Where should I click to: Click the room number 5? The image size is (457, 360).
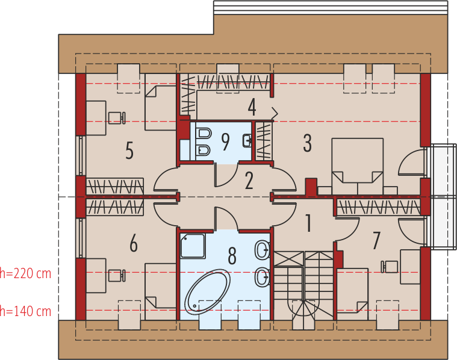click(x=129, y=151)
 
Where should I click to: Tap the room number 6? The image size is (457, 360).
click(x=134, y=243)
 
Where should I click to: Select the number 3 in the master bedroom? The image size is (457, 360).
click(x=308, y=143)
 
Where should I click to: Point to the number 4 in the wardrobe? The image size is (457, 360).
click(x=252, y=107)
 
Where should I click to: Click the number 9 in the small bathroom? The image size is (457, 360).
click(x=226, y=141)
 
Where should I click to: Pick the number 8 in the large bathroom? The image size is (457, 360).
click(x=232, y=256)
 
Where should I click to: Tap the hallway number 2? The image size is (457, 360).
click(x=249, y=181)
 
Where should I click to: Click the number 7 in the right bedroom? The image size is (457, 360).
click(x=376, y=240)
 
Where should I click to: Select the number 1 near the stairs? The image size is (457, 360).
click(x=308, y=223)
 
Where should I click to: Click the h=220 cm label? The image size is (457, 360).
click(x=26, y=273)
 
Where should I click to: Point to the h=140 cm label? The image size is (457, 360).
click(x=26, y=311)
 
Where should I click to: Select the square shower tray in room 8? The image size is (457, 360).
click(x=193, y=246)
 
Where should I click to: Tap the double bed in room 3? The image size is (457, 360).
click(x=358, y=166)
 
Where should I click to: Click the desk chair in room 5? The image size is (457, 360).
click(x=117, y=118)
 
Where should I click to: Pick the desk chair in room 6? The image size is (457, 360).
click(x=117, y=276)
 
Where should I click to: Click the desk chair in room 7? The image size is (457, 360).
click(x=390, y=267)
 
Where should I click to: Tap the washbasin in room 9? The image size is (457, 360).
click(x=247, y=140)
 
